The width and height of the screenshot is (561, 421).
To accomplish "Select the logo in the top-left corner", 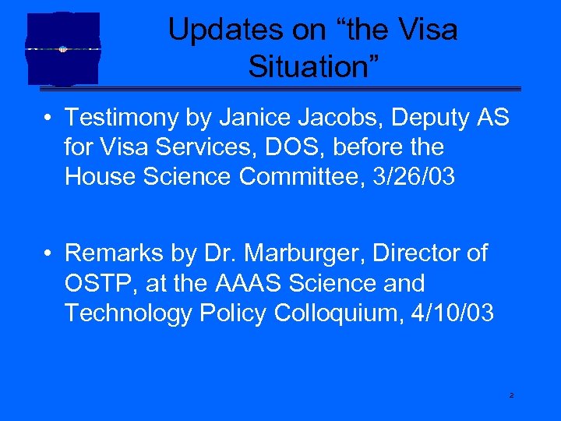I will [63, 48].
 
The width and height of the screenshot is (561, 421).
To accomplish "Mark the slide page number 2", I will [511, 396].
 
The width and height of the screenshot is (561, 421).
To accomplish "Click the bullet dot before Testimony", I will [48, 119].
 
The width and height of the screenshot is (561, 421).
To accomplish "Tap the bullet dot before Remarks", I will [48, 254].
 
